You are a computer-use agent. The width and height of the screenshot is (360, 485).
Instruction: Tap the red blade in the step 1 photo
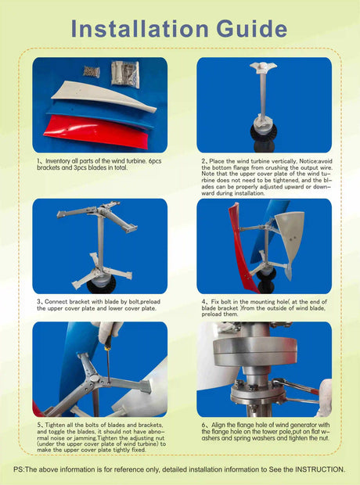click(94, 135)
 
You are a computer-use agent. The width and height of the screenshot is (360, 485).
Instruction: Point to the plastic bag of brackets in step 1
click(124, 73)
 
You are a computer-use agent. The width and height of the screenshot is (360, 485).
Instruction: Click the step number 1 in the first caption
click(38, 160)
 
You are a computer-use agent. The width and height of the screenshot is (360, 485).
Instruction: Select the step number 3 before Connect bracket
click(38, 300)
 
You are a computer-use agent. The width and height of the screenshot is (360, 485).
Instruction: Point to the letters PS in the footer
click(20, 469)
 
